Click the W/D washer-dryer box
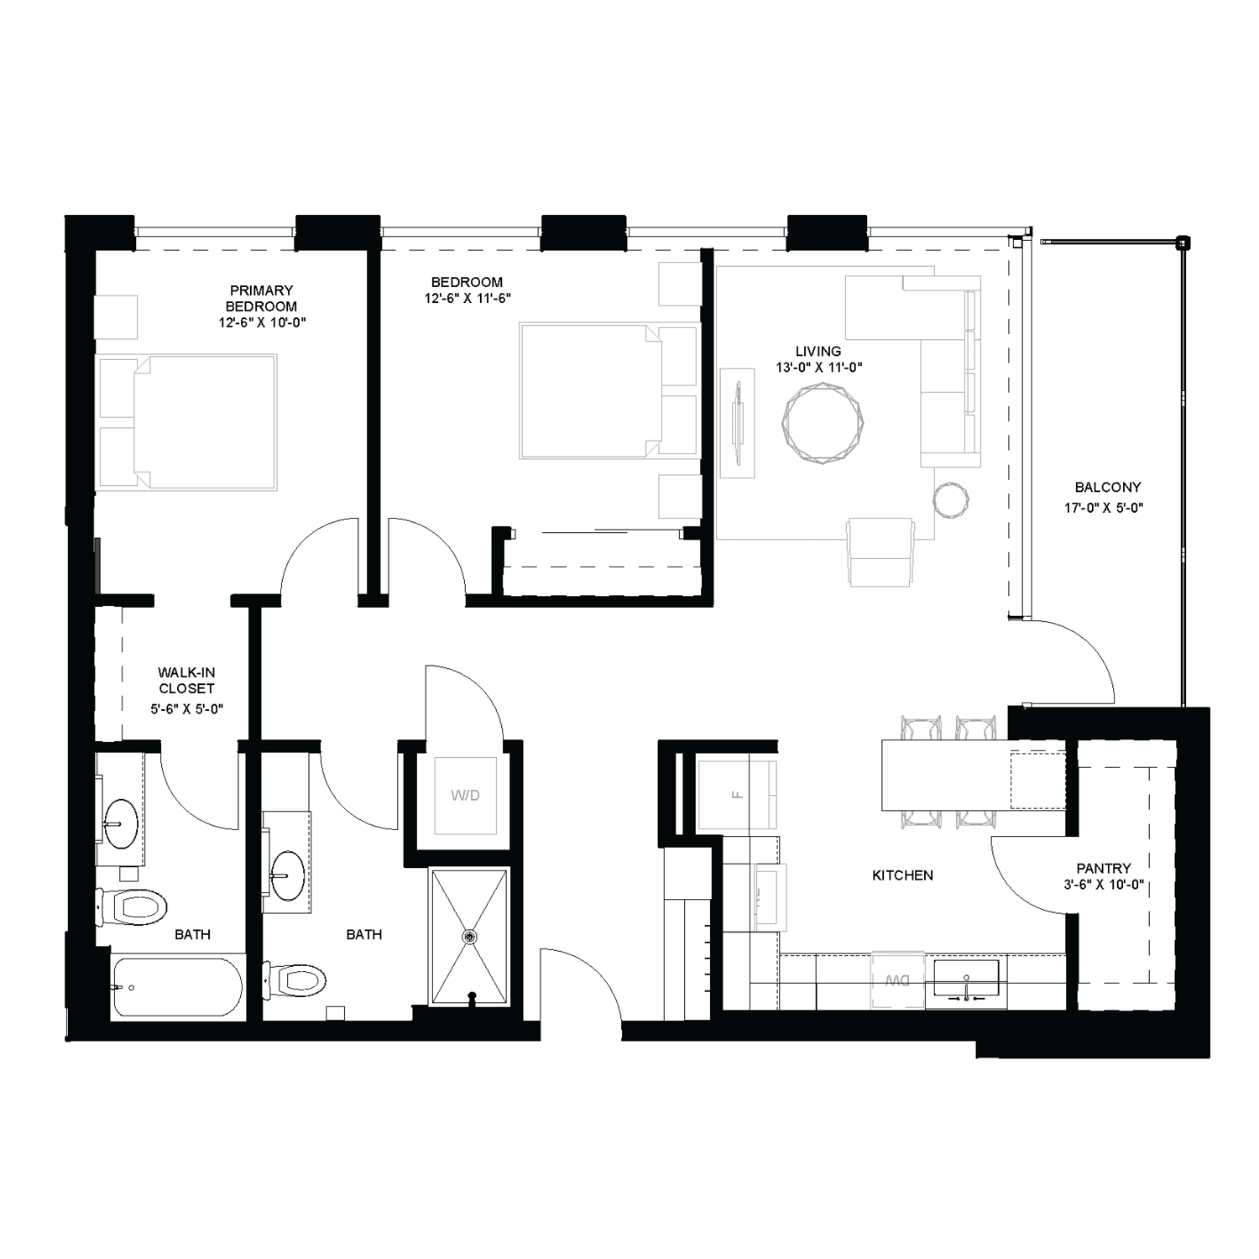(465, 795)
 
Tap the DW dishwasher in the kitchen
(897, 980)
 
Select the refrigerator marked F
(738, 794)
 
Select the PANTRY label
(1104, 868)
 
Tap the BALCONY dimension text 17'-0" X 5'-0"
(1108, 508)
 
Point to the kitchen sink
(966, 980)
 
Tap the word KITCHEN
(902, 875)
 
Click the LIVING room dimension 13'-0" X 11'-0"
(819, 367)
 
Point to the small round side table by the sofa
(951, 501)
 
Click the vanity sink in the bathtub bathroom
(122, 823)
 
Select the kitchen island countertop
(944, 775)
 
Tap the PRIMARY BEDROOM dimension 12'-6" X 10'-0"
(261, 322)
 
